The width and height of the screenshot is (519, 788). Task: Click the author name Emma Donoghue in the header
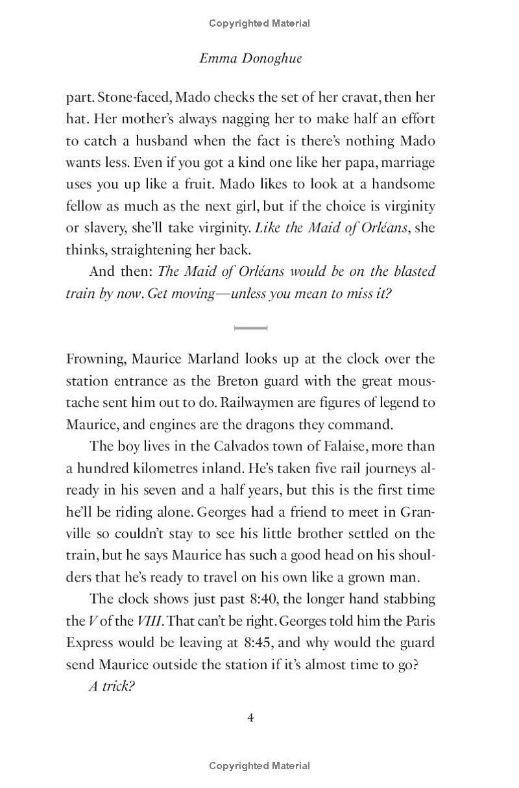[250, 58]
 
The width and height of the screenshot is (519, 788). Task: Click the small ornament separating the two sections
[250, 328]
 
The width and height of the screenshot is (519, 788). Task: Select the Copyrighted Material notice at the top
[259, 23]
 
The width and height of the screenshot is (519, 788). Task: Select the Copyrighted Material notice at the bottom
[259, 766]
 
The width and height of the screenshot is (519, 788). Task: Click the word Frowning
[96, 359]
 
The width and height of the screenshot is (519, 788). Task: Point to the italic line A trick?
[111, 687]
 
